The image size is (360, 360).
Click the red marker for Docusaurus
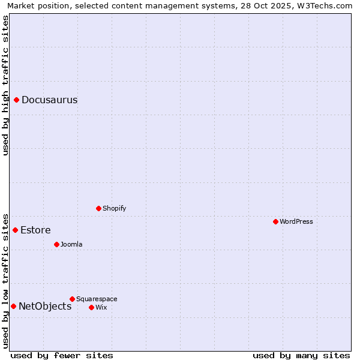pyautogui.click(x=17, y=100)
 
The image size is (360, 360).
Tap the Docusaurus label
pyautogui.click(x=49, y=100)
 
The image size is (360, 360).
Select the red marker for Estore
pyautogui.click(x=16, y=230)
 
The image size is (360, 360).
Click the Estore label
pyautogui.click(x=35, y=230)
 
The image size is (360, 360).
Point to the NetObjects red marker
pyautogui.click(x=13, y=306)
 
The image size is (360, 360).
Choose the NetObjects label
pyautogui.click(x=45, y=307)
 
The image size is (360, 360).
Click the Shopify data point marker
pyautogui.click(x=99, y=208)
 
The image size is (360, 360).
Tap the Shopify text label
pyautogui.click(x=114, y=209)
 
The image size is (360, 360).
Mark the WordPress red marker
pyautogui.click(x=275, y=221)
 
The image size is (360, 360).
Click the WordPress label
pyautogui.click(x=296, y=222)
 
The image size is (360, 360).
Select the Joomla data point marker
pyautogui.click(x=57, y=244)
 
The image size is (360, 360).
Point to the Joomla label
pyautogui.click(x=71, y=245)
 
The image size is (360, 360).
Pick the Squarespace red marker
pyautogui.click(x=72, y=299)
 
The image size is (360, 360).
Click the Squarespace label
pyautogui.click(x=97, y=299)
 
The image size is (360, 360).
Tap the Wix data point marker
pyautogui.click(x=91, y=307)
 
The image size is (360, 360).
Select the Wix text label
pyautogui.click(x=101, y=308)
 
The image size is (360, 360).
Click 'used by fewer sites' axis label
pyautogui.click(x=62, y=356)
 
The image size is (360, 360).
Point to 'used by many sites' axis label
pyautogui.click(x=301, y=356)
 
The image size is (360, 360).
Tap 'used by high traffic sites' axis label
pyautogui.click(x=5, y=85)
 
